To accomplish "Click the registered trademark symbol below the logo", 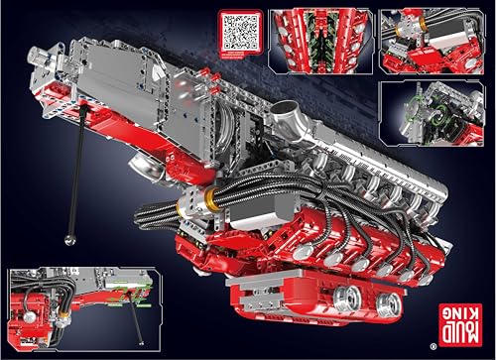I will coord(462,346).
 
